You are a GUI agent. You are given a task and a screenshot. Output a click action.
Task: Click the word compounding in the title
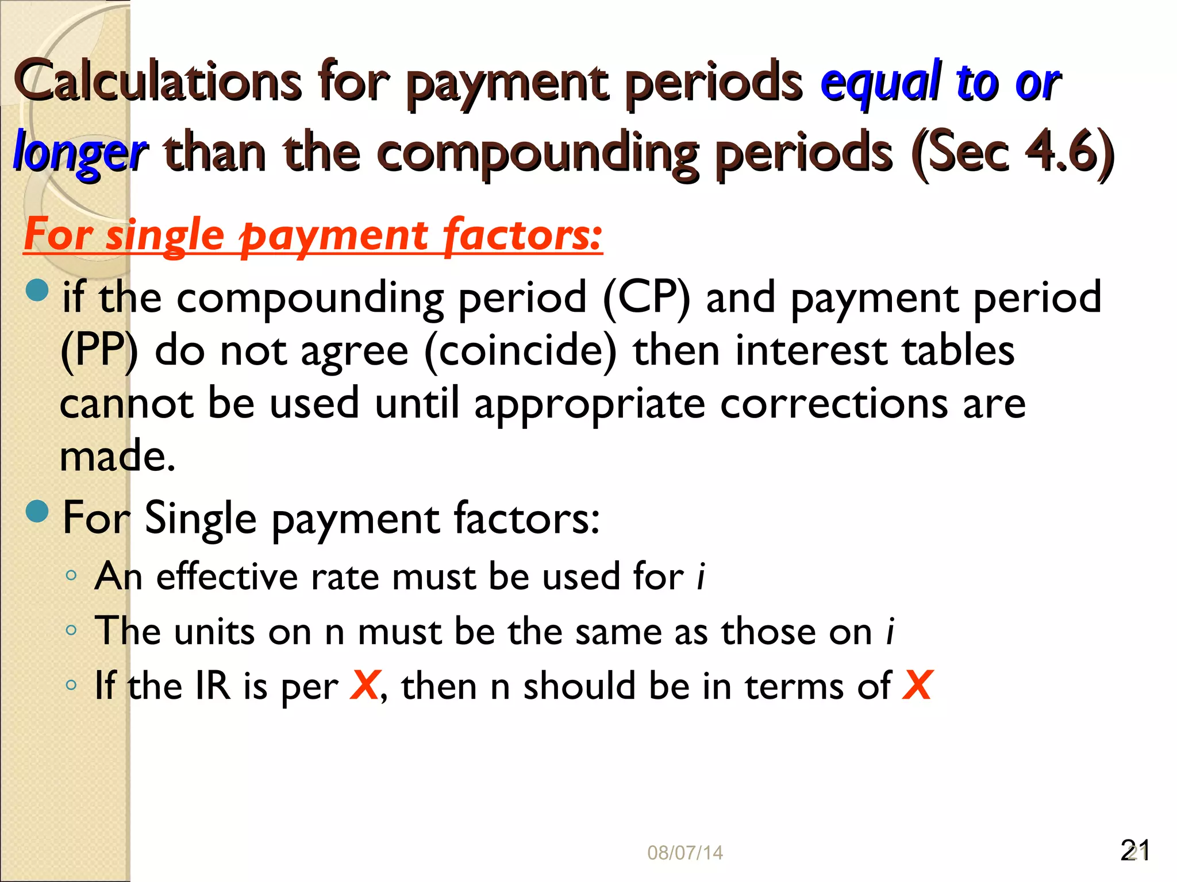point(537,153)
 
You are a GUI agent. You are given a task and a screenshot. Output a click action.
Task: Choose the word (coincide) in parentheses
point(520,351)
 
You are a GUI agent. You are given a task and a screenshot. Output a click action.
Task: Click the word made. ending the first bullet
point(117,456)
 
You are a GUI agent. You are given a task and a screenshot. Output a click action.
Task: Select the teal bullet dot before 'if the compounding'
point(38,290)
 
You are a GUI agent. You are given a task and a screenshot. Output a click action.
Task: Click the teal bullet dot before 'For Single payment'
point(38,510)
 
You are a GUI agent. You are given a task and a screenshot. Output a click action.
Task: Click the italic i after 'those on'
point(890,631)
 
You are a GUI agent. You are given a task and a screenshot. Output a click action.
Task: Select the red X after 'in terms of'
point(917,685)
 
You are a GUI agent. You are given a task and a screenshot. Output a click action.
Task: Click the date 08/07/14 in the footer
point(684,853)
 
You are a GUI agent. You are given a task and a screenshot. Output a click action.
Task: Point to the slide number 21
point(1134,850)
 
